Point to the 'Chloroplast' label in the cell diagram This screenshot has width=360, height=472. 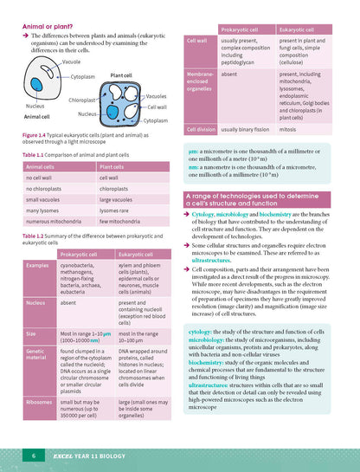[82, 100]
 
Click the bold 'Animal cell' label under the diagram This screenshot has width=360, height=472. [35, 116]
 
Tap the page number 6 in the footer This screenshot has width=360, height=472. [33, 455]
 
